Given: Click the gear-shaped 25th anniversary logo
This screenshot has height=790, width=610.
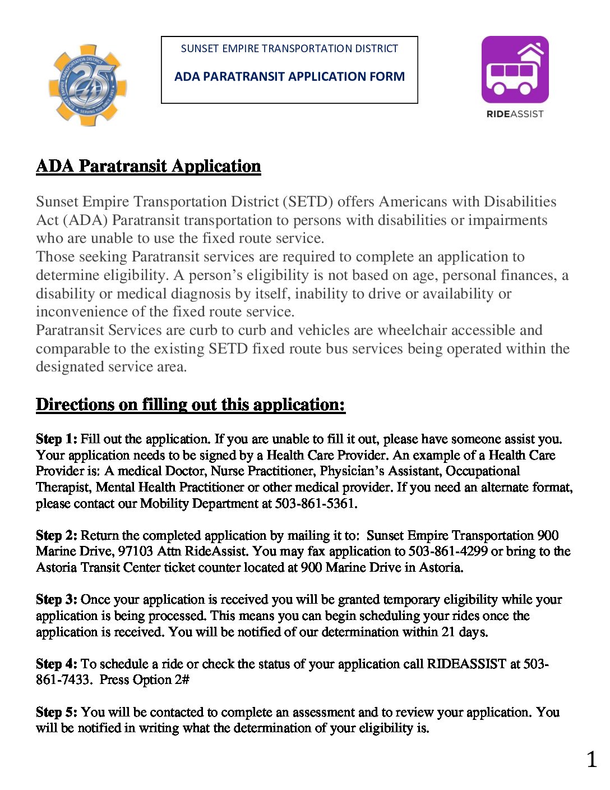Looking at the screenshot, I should pos(87,85).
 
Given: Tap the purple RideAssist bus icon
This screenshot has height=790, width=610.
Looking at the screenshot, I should pos(515,70).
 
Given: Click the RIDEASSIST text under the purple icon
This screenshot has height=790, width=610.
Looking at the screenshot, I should pos(515,114).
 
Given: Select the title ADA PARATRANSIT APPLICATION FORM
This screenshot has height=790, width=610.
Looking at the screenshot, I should pos(289,76).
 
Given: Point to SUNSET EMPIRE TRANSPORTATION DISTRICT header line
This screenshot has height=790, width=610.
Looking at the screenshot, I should pos(289,49).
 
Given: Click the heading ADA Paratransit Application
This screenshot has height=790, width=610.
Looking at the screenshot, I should pos(149,166).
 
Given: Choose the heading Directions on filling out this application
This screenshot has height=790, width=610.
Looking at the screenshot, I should pos(191,405).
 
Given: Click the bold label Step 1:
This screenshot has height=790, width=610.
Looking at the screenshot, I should pos(57,439).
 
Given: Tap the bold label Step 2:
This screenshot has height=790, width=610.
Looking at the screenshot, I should pos(57,535).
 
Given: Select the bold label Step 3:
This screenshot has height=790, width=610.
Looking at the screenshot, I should pos(57,599).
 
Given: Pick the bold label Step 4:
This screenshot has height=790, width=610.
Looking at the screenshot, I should pos(57,664).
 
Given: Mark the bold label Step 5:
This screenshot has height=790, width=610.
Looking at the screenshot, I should pos(57,712).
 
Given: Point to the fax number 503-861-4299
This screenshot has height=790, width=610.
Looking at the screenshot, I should pos(448,551).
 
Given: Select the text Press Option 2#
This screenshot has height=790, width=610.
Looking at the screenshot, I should pos(145,680).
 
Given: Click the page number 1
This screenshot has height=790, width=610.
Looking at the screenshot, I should pos(591,760).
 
